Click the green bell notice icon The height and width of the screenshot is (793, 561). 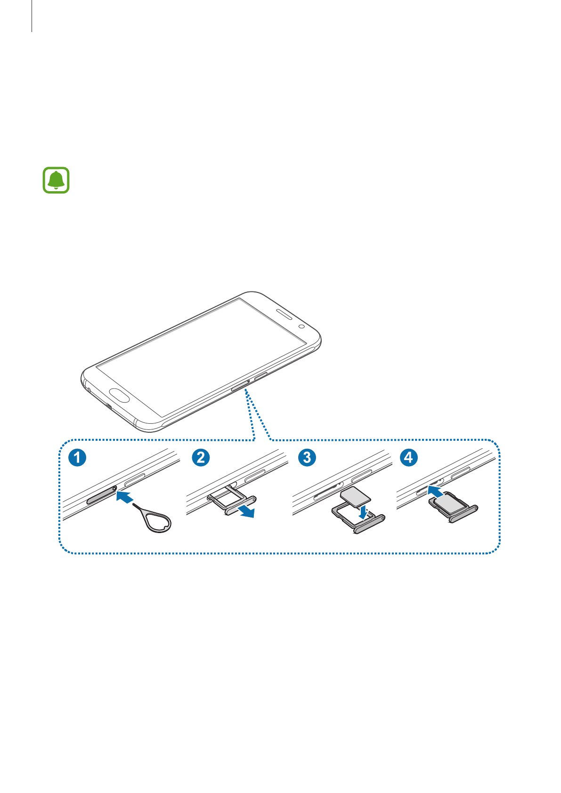(56, 180)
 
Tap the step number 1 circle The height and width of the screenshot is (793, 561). (77, 457)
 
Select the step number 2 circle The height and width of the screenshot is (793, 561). (201, 457)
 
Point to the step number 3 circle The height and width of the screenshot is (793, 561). (307, 457)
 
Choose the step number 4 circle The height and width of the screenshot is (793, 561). (408, 457)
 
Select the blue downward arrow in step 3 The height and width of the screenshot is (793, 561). (362, 511)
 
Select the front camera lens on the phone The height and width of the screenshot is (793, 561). (301, 326)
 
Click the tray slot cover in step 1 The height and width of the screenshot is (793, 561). (101, 495)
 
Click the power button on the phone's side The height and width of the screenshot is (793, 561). (261, 376)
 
